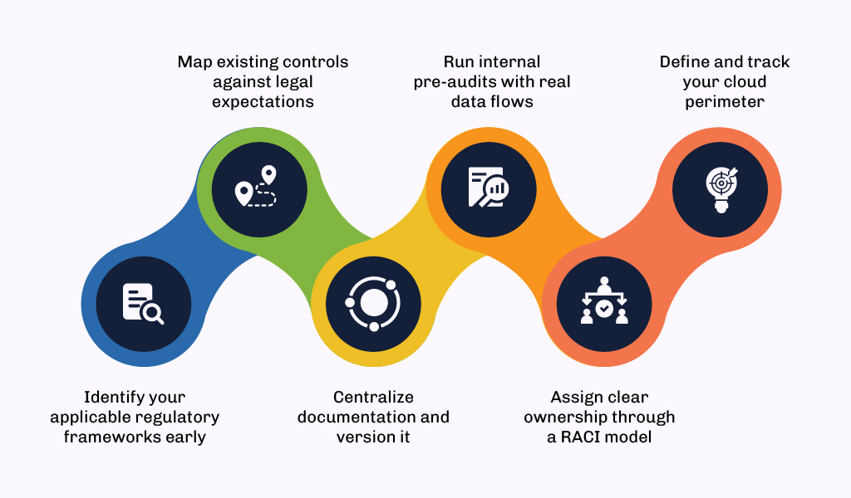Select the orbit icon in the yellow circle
[x=373, y=303]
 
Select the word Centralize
[x=373, y=398]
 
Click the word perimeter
[x=725, y=102]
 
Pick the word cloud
[x=745, y=82]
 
